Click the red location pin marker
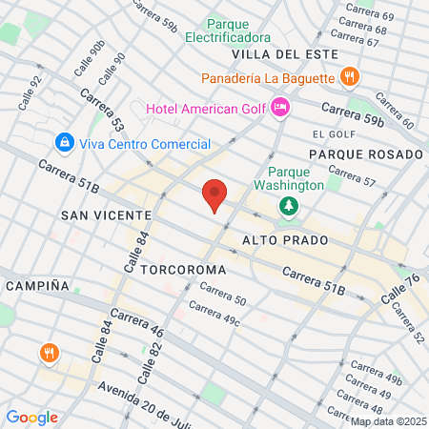click(x=215, y=195)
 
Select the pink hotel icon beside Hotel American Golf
click(x=280, y=107)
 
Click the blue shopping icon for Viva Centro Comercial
click(x=64, y=144)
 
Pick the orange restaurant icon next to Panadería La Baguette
click(x=350, y=76)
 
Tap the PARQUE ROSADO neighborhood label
click(x=365, y=153)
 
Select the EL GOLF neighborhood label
click(x=333, y=134)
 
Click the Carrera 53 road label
click(x=103, y=112)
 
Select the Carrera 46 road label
click(x=137, y=323)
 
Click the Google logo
click(x=31, y=417)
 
